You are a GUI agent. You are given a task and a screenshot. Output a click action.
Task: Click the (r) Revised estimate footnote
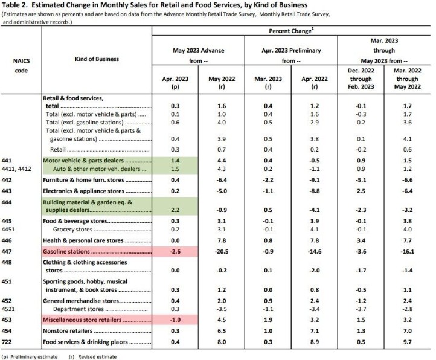[x=93, y=356]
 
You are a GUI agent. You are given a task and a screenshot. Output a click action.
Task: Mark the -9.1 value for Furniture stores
[x=312, y=181]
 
